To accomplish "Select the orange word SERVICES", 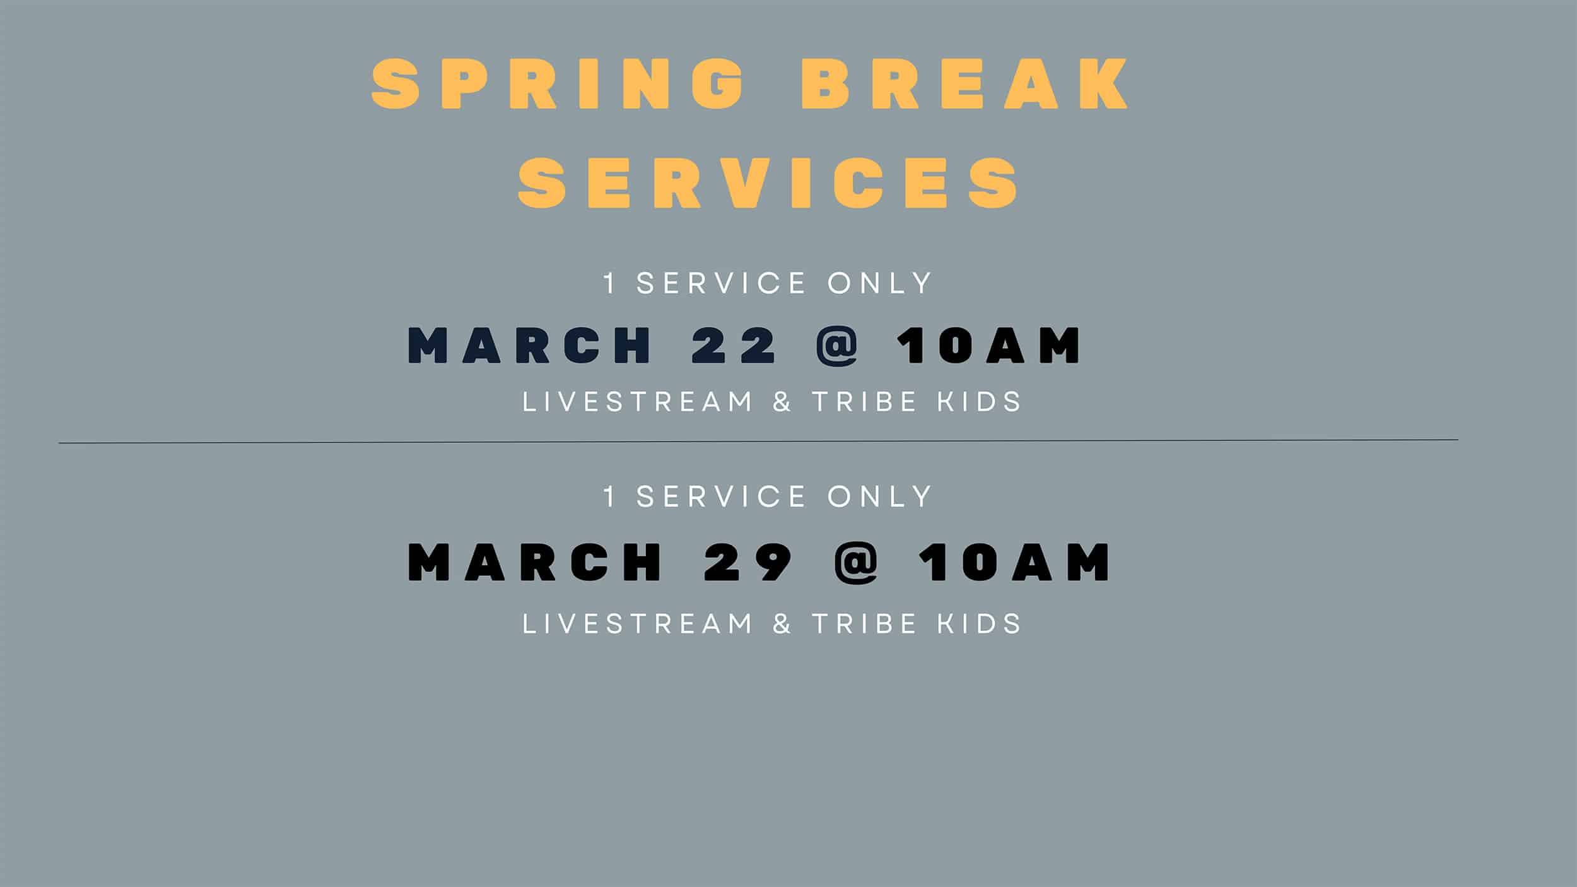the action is [768, 183].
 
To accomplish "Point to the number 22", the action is [734, 345].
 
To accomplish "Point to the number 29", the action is [747, 562].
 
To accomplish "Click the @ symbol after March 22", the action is [837, 346].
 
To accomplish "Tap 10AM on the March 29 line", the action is [1014, 562].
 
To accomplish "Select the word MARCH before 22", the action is [529, 345].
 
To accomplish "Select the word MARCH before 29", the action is [535, 562].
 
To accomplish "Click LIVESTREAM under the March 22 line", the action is [638, 402].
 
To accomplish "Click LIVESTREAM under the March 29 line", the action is [638, 624].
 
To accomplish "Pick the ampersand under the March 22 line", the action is [782, 402].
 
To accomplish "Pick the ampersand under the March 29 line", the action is [782, 624].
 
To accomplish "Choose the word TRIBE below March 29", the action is [864, 624].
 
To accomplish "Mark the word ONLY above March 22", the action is [879, 283].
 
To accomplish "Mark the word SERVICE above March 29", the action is [722, 496].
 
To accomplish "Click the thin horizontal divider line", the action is [758, 442].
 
